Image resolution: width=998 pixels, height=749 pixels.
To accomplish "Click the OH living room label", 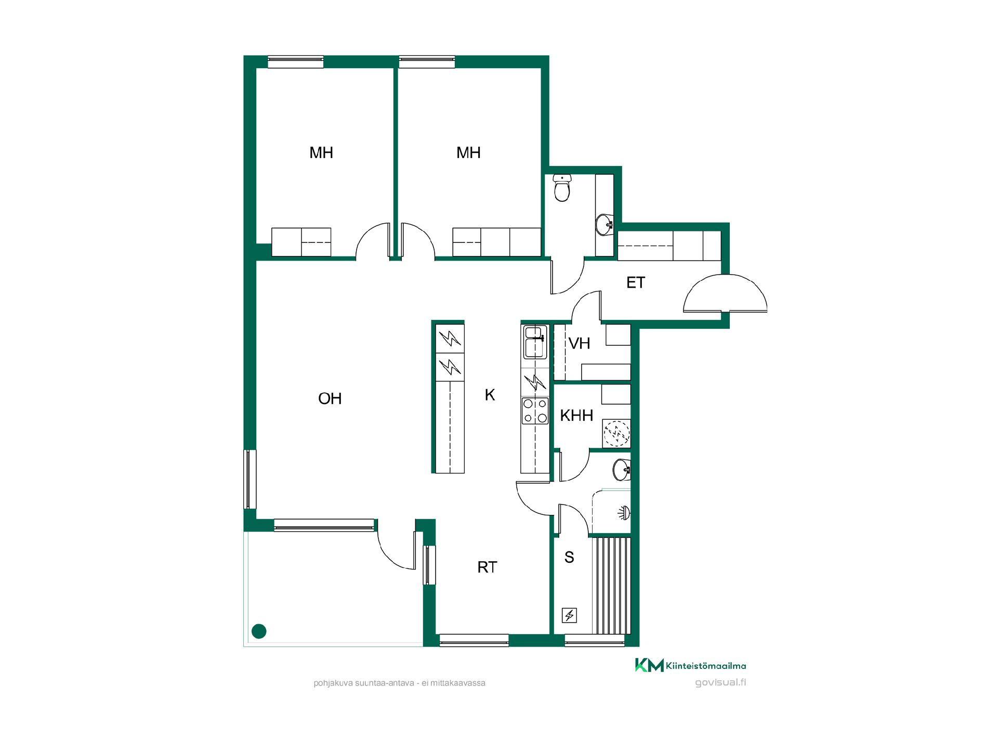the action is click(330, 399).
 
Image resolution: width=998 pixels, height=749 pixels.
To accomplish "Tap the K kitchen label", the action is click(490, 395).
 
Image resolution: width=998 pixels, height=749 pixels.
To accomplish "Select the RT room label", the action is click(487, 567).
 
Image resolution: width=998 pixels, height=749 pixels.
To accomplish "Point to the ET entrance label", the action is click(636, 283).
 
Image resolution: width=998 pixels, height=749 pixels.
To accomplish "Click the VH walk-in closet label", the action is click(580, 344).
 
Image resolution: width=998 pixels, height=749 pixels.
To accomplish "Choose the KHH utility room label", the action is click(576, 416).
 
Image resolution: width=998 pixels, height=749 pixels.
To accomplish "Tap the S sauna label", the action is click(569, 558).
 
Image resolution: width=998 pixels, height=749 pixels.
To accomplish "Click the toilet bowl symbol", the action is click(562, 188).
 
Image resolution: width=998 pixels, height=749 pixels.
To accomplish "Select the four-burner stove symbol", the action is click(535, 410).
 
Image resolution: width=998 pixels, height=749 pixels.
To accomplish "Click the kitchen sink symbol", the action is click(535, 342).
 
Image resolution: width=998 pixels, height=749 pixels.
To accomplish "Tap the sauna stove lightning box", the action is click(570, 616).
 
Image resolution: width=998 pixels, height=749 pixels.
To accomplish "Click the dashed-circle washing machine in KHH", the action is click(616, 433).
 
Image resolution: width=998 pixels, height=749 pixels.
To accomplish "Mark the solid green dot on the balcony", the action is click(259, 631).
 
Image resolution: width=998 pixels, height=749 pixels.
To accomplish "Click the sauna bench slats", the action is click(611, 586).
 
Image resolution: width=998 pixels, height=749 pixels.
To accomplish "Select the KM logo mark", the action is click(649, 665).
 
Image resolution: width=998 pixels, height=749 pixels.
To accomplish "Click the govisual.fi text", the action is click(720, 683).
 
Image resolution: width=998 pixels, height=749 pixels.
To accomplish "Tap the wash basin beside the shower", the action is click(622, 470).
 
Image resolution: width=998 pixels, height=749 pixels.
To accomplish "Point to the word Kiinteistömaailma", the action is click(706, 666).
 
